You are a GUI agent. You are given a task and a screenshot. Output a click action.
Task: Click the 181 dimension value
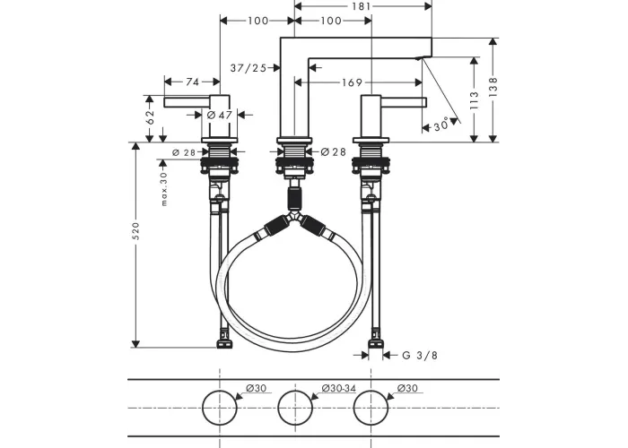[362, 6]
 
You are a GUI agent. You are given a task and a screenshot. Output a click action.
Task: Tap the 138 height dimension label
[493, 87]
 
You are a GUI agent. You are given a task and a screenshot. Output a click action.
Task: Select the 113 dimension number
[475, 100]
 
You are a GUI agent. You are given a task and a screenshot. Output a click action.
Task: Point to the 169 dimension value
[352, 82]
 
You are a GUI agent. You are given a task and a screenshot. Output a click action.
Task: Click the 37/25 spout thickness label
[249, 68]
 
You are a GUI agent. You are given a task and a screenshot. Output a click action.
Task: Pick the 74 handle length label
[192, 82]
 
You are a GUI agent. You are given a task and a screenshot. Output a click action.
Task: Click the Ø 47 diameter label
[220, 116]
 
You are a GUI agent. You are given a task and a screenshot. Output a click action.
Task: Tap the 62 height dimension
[150, 116]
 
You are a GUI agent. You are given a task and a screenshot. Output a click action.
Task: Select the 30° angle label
[441, 126]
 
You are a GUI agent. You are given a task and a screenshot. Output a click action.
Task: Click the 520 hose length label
[135, 231]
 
